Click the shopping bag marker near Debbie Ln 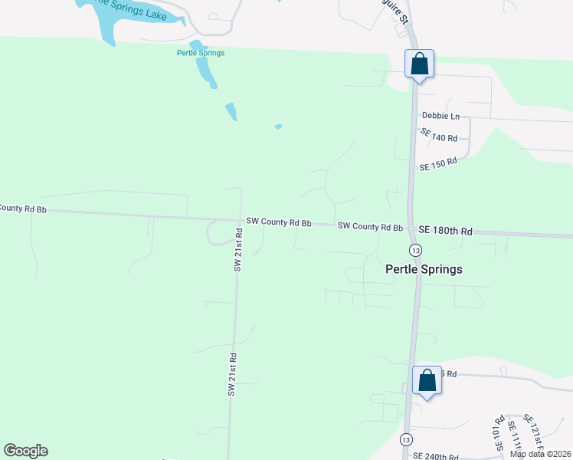[x=419, y=64]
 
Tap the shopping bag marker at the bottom [x=427, y=381]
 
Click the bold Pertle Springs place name [x=424, y=270]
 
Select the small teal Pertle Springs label [x=201, y=53]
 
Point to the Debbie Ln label [x=440, y=117]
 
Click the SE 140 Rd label [x=439, y=136]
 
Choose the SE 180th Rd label [x=446, y=231]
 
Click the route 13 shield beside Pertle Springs [x=415, y=251]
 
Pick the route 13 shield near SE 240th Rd [x=405, y=439]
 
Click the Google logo [x=26, y=451]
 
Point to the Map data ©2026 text [x=540, y=454]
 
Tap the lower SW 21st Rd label [x=231, y=374]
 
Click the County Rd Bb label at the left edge [x=23, y=208]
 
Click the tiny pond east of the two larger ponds [x=278, y=127]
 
